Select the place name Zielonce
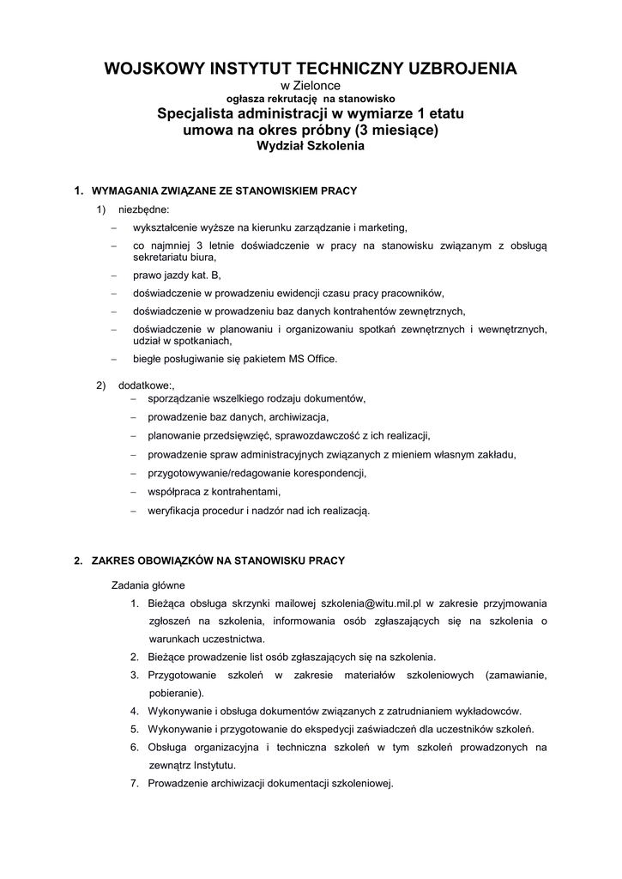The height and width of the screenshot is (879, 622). (x=317, y=86)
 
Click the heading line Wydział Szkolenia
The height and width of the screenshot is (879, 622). (x=311, y=146)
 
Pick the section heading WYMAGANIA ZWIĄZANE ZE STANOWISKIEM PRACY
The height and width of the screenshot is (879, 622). (x=224, y=190)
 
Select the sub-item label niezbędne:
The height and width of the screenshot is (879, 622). (x=143, y=209)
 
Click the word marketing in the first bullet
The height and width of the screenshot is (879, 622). (x=377, y=227)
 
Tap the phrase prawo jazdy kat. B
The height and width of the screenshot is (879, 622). (x=177, y=275)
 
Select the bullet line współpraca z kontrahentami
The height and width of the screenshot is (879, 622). (x=214, y=492)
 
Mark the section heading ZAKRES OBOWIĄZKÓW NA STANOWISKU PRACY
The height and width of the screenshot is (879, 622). (x=218, y=561)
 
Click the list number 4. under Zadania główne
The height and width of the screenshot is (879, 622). (x=135, y=711)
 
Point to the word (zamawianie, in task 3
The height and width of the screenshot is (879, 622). (x=516, y=675)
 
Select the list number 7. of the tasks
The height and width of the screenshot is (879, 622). (x=135, y=783)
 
